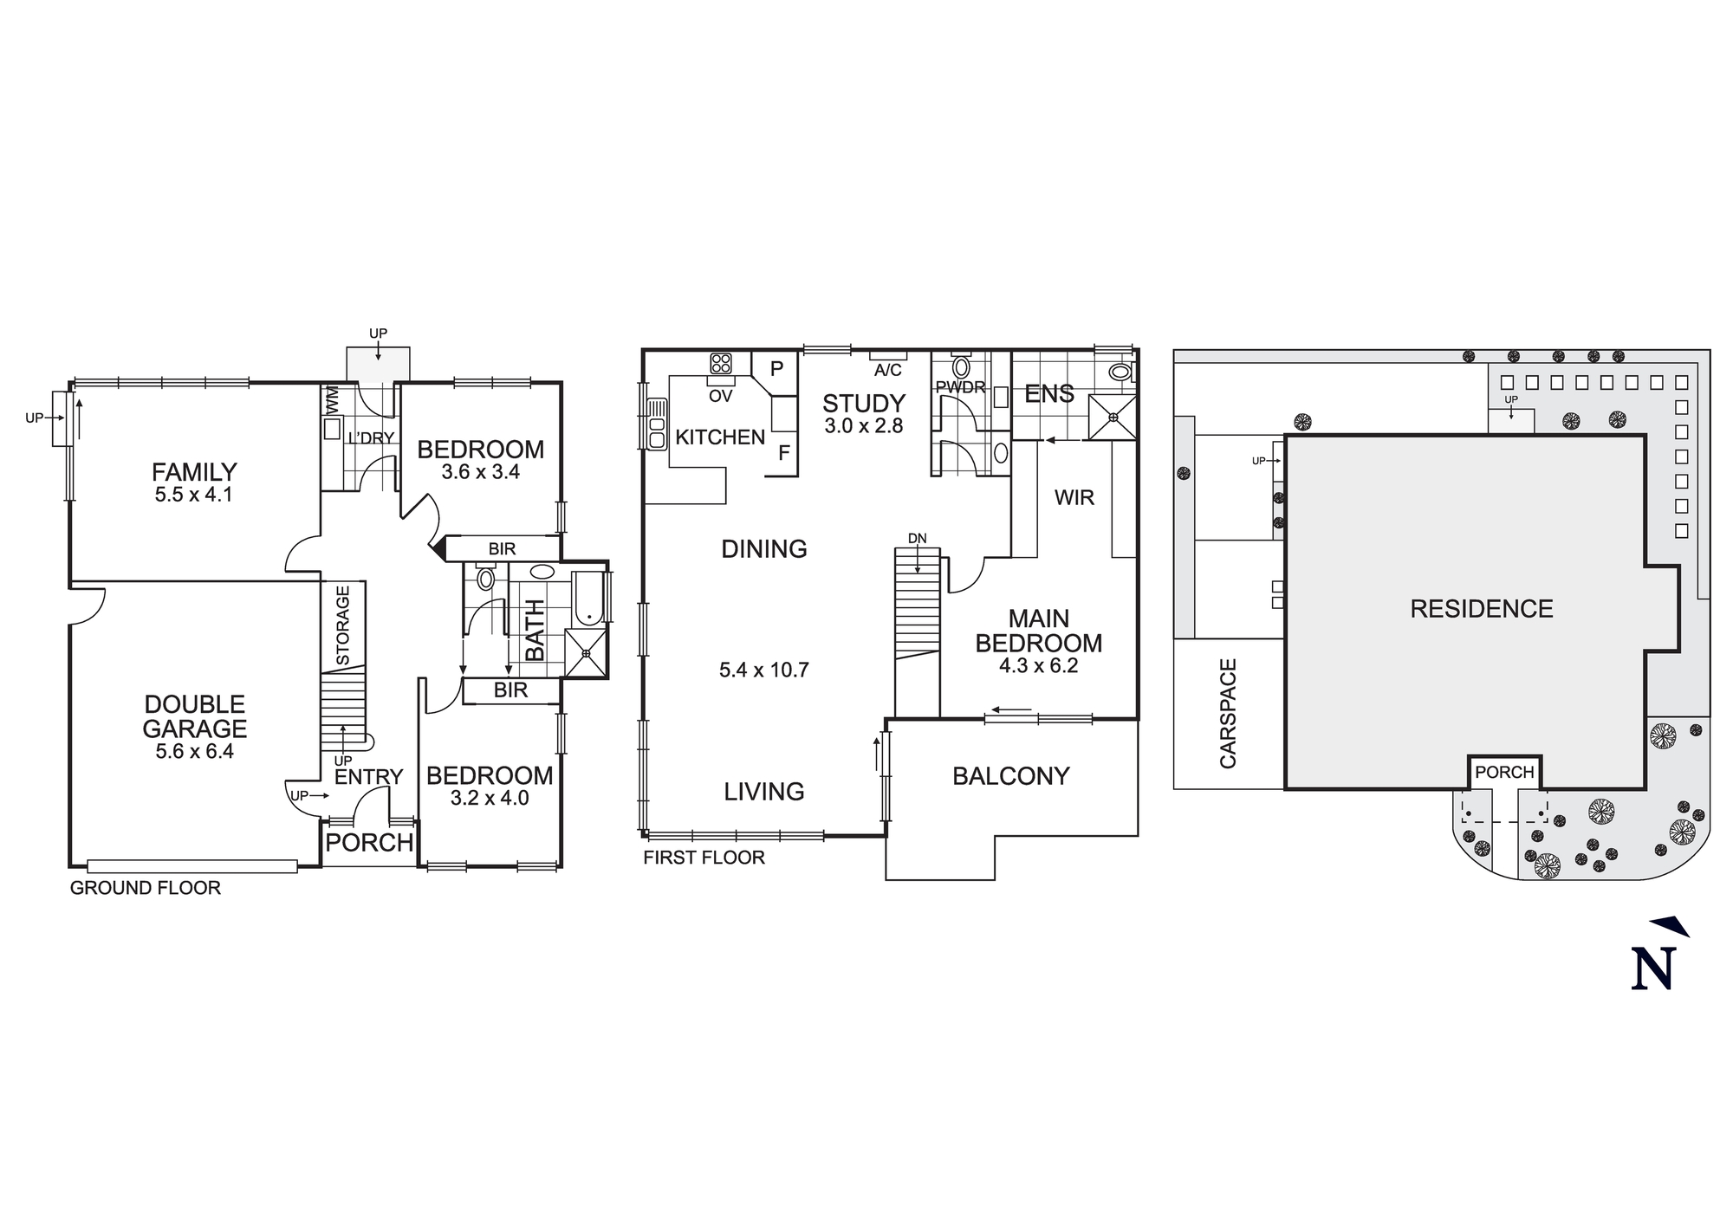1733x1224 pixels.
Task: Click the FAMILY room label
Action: click(x=194, y=472)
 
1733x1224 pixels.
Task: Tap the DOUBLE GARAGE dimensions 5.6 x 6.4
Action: click(x=194, y=752)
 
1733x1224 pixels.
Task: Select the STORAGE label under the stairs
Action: click(x=342, y=625)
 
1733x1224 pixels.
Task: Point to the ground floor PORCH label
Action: click(x=369, y=843)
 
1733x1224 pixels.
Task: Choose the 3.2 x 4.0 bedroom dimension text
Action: click(x=490, y=798)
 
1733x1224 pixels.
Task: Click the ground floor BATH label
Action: click(x=535, y=630)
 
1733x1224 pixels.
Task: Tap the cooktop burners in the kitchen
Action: click(x=720, y=363)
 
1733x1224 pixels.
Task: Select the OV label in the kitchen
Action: click(x=720, y=397)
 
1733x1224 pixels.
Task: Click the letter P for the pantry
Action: click(x=777, y=368)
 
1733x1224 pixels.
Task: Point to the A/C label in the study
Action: click(x=888, y=371)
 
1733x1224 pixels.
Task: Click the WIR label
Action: click(x=1074, y=498)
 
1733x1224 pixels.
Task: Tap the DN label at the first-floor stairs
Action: click(x=917, y=539)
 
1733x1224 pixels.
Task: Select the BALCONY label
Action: click(x=1010, y=776)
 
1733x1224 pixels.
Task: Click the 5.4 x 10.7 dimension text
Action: click(x=763, y=670)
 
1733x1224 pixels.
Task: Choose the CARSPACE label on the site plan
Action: click(x=1228, y=714)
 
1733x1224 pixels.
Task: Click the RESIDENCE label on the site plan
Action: click(x=1481, y=609)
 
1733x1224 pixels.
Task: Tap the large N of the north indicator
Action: click(x=1653, y=969)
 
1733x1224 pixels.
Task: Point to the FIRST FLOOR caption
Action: click(x=704, y=858)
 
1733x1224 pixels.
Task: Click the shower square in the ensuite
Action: click(x=1113, y=418)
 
